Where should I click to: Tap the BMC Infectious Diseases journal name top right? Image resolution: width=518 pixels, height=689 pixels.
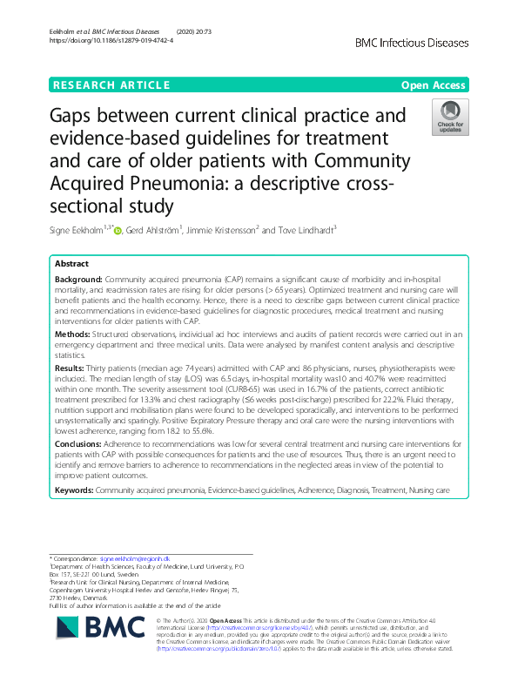point(413,42)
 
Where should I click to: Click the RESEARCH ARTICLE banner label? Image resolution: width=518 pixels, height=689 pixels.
point(111,85)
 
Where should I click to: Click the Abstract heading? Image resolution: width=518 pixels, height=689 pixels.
point(72,263)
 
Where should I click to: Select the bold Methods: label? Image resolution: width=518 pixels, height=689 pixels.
point(73,332)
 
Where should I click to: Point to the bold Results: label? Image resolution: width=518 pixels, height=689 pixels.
point(71,368)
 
